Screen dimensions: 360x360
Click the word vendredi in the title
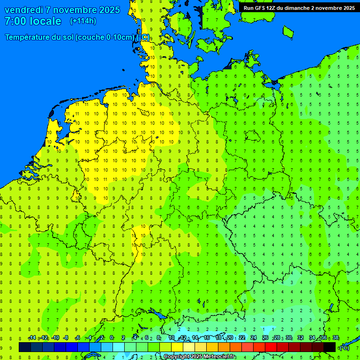point(23,10)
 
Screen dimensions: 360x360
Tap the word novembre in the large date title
point(75,10)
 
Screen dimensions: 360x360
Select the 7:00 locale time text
point(33,21)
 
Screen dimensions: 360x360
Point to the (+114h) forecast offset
point(83,21)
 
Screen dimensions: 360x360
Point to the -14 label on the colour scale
point(32,338)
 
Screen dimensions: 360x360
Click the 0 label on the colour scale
point(112,338)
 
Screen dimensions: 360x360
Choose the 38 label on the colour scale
point(336,338)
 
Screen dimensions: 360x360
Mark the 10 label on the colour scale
point(171,338)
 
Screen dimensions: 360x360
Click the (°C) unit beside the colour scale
point(345,347)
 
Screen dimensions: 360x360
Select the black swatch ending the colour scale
point(330,347)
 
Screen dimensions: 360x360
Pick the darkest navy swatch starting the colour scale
point(25,347)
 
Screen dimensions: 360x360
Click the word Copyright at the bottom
point(177,357)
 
